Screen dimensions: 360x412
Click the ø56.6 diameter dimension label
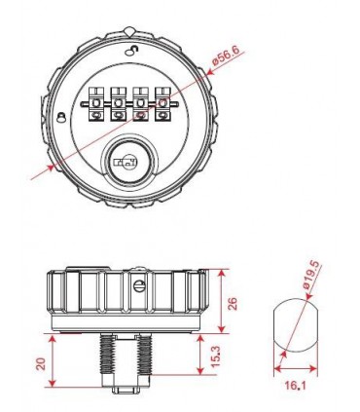[x=226, y=56]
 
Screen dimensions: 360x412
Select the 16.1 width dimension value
[x=296, y=386]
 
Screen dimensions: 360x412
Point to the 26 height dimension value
[x=233, y=303]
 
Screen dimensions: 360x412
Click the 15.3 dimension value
[x=216, y=356]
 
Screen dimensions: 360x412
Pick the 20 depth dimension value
[x=41, y=364]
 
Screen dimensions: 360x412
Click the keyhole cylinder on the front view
[x=129, y=162]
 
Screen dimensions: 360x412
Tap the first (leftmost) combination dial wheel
[x=96, y=104]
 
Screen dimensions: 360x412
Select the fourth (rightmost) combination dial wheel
[x=162, y=104]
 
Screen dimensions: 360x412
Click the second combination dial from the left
[x=118, y=104]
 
